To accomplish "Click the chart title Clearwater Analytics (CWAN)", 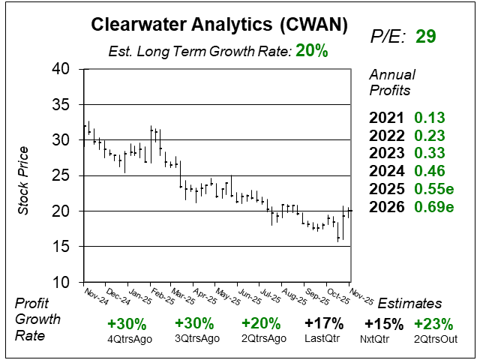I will (218, 24).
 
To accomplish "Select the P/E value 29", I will (425, 37).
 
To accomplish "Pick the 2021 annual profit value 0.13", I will (430, 117).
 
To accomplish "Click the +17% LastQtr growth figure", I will (325, 324).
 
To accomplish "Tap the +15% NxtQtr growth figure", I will (384, 324).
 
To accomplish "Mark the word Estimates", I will (409, 303).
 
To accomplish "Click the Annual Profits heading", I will (391, 83).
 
